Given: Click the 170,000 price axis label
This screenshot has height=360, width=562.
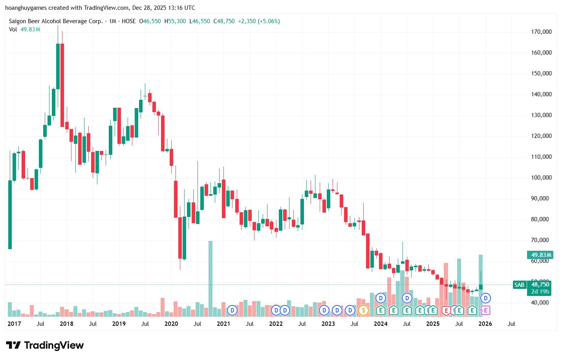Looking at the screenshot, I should [x=541, y=32].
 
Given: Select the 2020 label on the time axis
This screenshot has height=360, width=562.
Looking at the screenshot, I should [x=171, y=324].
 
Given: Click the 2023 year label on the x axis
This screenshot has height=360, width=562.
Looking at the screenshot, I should [x=328, y=324].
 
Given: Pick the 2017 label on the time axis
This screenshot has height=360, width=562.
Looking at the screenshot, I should [x=14, y=324].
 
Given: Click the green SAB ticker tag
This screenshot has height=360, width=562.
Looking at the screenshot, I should [x=519, y=285].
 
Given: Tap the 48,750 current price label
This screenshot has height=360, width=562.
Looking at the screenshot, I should [x=540, y=285].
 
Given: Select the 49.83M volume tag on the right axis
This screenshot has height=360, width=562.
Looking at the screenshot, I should [x=540, y=255].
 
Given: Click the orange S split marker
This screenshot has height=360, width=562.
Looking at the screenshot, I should [x=364, y=310].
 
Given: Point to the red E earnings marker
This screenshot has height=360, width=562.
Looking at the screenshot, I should [x=446, y=310].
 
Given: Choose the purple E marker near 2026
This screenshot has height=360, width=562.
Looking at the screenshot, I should [x=485, y=310].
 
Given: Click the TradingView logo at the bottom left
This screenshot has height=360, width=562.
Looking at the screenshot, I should [x=45, y=345].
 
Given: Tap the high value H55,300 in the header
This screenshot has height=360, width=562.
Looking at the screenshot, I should [x=175, y=21].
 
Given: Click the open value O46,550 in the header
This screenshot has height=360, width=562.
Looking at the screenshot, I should [x=150, y=21].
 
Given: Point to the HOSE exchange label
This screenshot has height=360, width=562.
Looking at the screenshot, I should [x=128, y=21].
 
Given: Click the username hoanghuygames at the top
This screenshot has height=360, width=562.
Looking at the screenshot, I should [x=26, y=8].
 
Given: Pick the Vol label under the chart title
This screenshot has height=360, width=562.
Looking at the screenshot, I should [x=13, y=29].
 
